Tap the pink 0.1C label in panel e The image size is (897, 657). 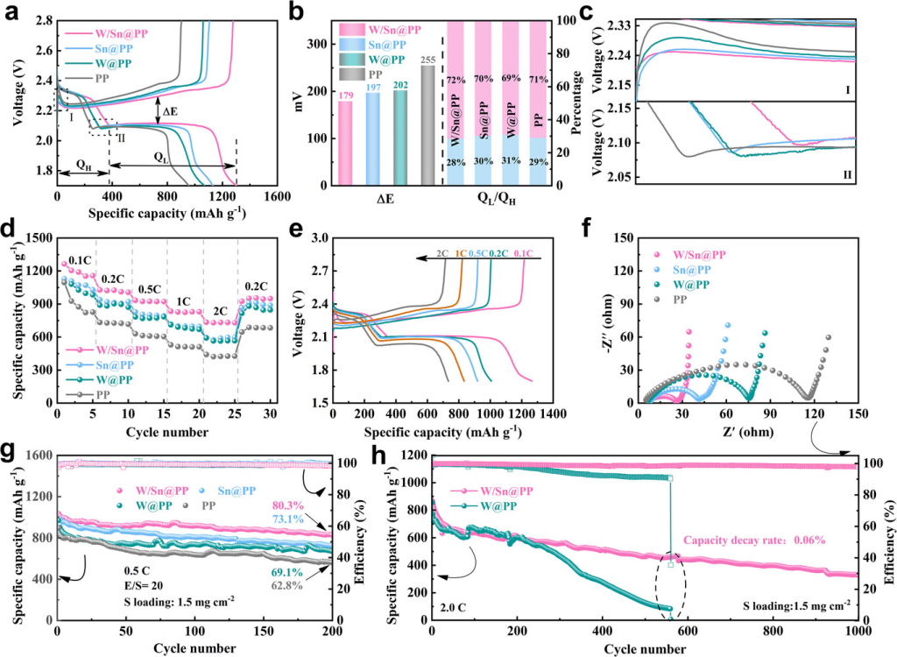coord(529,253)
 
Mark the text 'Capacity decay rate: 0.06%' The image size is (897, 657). coord(755,540)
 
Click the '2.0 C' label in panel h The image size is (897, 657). coord(460,604)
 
